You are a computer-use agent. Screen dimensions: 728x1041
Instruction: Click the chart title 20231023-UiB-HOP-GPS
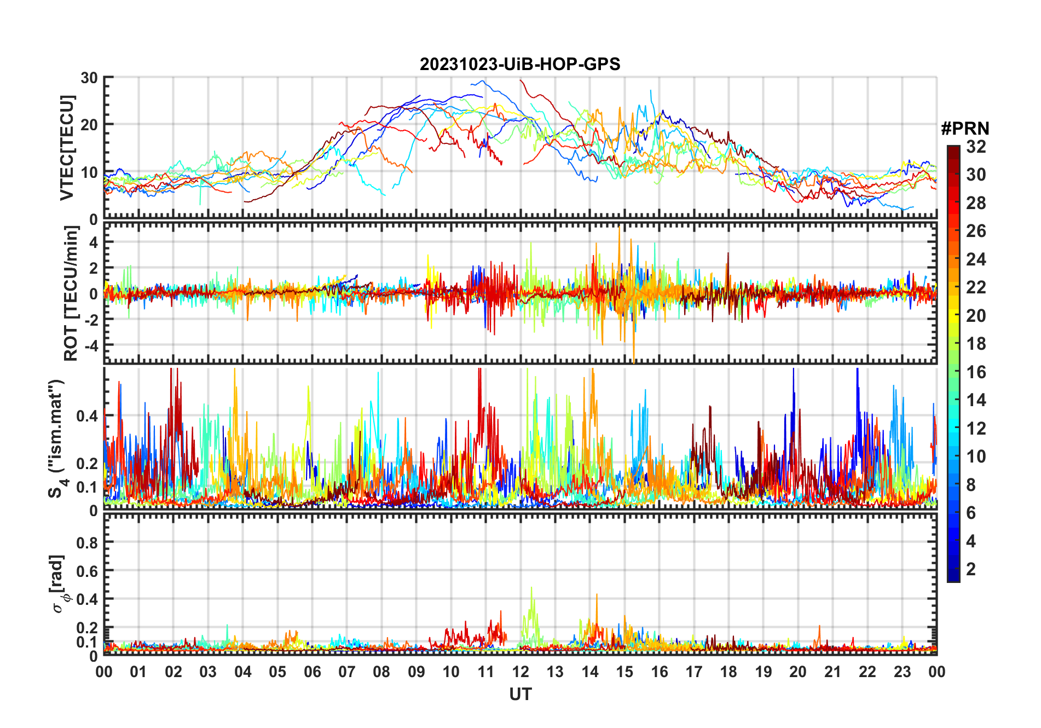click(520, 65)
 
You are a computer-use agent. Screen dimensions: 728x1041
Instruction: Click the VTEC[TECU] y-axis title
click(67, 148)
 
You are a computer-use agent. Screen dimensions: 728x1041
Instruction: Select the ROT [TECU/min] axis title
click(71, 293)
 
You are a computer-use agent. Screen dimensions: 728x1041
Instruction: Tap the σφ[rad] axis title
click(60, 584)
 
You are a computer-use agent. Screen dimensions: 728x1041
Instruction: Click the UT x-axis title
click(520, 695)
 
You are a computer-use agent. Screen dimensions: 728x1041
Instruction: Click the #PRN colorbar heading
click(965, 129)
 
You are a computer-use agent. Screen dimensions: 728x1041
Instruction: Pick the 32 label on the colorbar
click(976, 147)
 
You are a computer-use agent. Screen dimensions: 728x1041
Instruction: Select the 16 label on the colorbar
click(976, 372)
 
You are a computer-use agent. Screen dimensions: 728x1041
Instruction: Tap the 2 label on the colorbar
click(971, 569)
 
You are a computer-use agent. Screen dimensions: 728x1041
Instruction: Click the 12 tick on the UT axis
click(520, 672)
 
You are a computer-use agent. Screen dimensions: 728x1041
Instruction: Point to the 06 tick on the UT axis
click(313, 672)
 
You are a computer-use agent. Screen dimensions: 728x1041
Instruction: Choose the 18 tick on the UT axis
click(728, 672)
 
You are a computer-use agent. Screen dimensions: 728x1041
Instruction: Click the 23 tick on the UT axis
click(902, 672)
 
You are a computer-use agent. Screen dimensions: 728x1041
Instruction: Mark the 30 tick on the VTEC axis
click(89, 78)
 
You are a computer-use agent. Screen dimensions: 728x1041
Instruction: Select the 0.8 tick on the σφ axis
click(88, 542)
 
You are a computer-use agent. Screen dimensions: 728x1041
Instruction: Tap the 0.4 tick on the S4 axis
click(88, 416)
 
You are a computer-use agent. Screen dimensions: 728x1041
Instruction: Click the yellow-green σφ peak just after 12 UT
click(531, 588)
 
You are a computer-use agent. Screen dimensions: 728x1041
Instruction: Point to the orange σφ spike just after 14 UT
click(597, 595)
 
